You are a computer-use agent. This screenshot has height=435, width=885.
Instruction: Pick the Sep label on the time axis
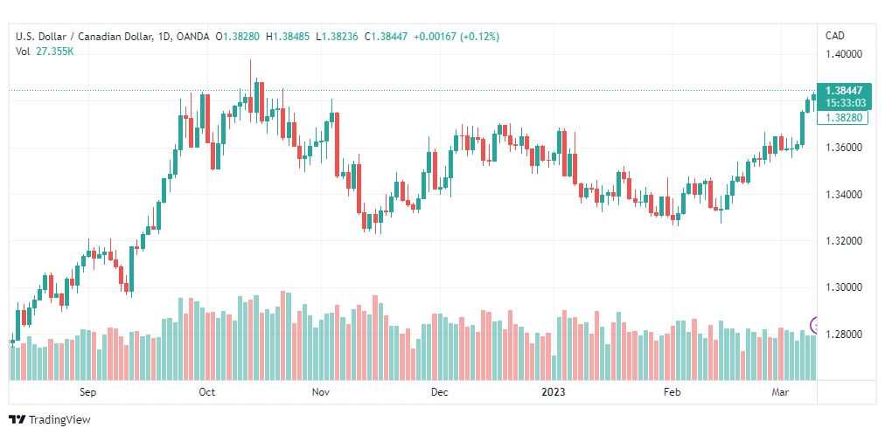click(88, 392)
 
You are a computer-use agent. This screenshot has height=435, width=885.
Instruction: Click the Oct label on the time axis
click(206, 392)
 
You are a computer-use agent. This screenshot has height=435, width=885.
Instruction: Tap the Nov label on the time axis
click(321, 392)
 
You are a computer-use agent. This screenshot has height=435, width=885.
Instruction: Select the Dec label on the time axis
click(439, 392)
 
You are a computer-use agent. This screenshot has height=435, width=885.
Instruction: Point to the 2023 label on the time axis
click(553, 392)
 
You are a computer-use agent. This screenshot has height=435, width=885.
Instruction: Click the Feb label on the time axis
click(672, 392)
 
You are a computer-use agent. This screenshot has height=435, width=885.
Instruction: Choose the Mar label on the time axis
click(780, 392)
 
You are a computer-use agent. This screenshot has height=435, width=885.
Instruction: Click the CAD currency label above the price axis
click(835, 36)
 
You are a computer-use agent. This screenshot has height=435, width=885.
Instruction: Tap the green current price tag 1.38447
click(845, 91)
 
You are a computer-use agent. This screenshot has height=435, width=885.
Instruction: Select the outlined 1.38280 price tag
click(845, 118)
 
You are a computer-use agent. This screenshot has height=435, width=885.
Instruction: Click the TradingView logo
click(50, 420)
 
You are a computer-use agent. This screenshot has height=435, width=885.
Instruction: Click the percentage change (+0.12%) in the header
click(480, 37)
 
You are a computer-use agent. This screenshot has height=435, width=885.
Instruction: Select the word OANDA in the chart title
click(192, 37)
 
